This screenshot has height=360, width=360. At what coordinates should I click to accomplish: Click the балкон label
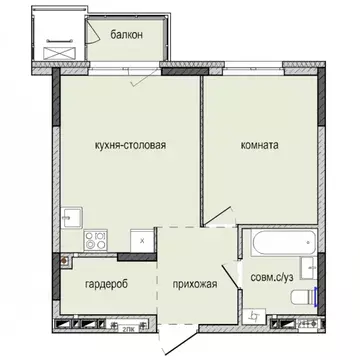click(127, 34)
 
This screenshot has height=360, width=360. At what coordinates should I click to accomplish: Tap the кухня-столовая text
click(124, 144)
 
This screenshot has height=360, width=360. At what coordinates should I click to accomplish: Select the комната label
click(260, 144)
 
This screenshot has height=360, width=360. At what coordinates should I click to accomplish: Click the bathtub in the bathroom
click(274, 243)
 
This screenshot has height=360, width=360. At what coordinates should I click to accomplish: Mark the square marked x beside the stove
click(143, 240)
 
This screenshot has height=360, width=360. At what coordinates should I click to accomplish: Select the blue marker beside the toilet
click(316, 296)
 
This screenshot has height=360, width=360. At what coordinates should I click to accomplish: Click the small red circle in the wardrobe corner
click(66, 261)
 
